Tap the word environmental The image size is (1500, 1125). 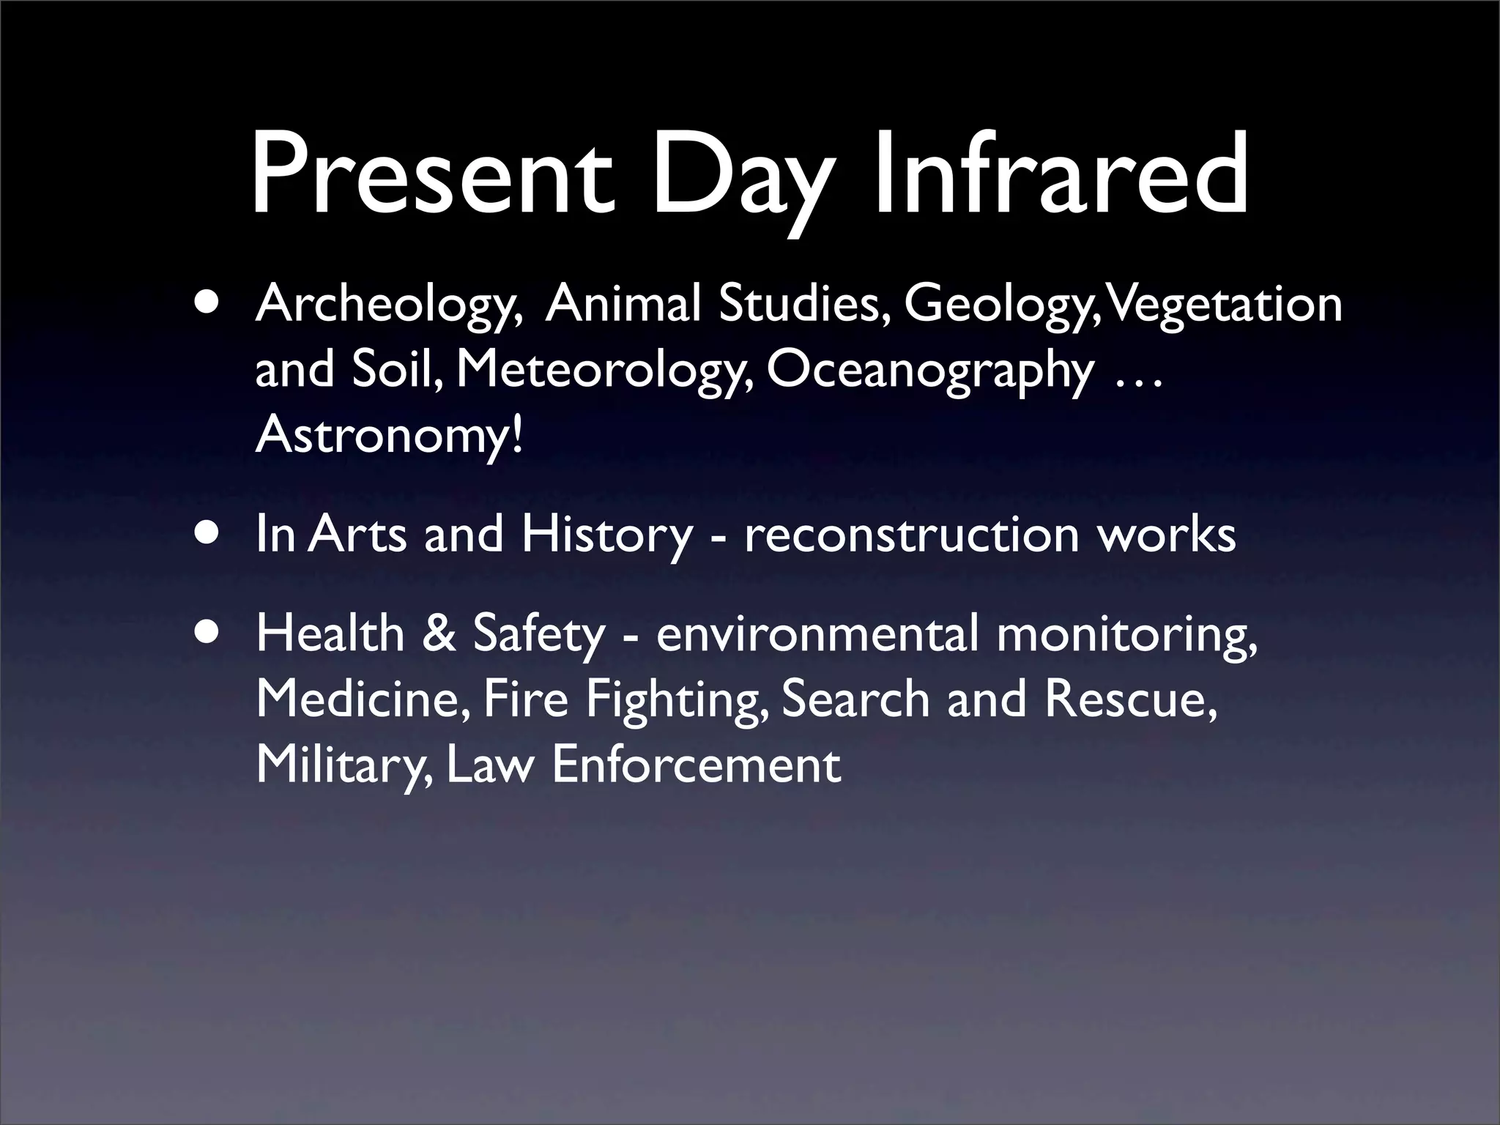click(x=817, y=634)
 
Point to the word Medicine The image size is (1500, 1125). click(x=363, y=699)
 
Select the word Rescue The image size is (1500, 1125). click(x=1132, y=699)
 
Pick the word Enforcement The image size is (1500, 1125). click(x=696, y=765)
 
